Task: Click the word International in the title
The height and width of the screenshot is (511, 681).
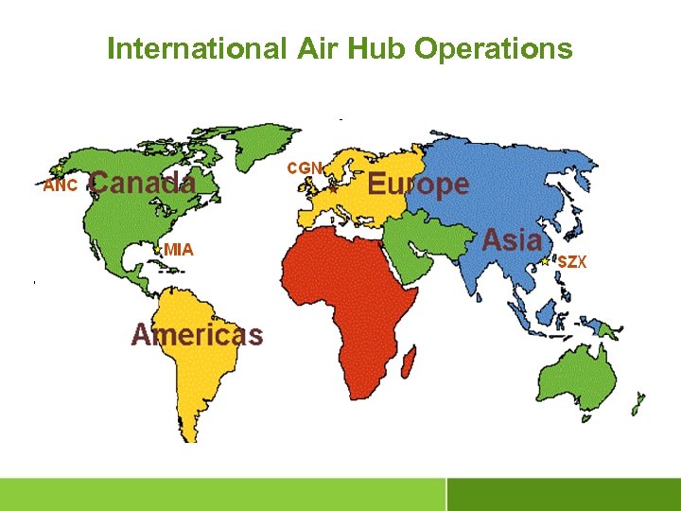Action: coord(194,48)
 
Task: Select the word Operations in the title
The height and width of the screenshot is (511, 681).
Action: coord(495,48)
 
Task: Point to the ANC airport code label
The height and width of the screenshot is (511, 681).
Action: coord(60,185)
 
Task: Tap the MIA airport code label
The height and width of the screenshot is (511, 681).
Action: coord(178,250)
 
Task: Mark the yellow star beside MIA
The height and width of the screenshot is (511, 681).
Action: coord(158,251)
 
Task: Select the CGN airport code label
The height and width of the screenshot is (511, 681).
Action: coord(305,167)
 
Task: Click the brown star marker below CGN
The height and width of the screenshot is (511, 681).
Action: coord(333,189)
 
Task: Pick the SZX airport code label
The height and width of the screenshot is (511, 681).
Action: coord(571,261)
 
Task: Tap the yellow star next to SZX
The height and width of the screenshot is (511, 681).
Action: coord(545,260)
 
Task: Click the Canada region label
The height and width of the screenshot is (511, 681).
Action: coord(143,183)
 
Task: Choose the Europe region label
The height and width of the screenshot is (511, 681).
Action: coord(417,184)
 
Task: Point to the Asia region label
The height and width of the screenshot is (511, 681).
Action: coord(512,239)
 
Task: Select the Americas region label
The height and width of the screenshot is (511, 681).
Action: coord(197,334)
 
